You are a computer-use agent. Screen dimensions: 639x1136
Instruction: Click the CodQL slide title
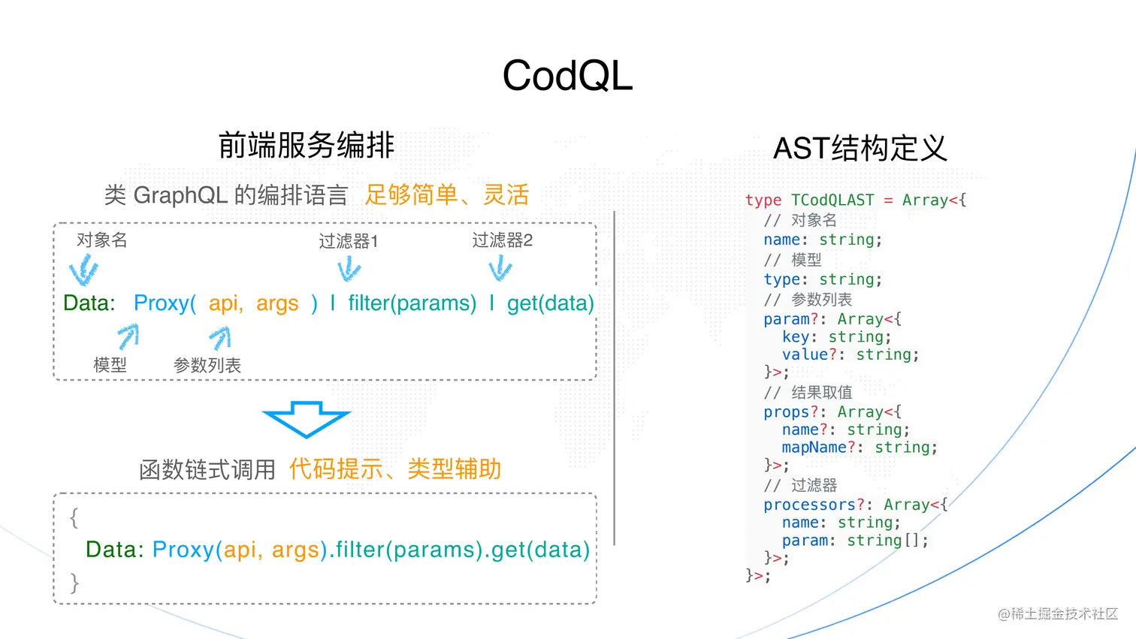(x=567, y=76)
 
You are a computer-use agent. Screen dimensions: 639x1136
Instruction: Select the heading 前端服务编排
(x=306, y=145)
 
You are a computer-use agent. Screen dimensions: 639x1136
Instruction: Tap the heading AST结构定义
(x=860, y=148)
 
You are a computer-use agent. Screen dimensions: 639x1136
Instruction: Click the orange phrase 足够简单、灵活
(x=446, y=194)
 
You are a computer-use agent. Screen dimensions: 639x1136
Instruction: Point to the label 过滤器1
(x=348, y=241)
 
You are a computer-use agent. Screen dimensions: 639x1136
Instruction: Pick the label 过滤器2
(x=502, y=240)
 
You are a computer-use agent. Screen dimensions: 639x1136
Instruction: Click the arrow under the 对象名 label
(x=84, y=270)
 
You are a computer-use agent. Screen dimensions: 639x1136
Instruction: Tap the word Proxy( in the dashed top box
(x=165, y=303)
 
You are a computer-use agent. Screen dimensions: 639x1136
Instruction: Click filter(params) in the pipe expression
(x=412, y=303)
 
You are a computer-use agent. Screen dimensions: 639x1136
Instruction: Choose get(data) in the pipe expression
(x=550, y=303)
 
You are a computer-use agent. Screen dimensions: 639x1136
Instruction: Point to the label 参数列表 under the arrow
(x=207, y=366)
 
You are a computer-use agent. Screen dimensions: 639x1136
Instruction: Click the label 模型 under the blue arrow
(x=110, y=365)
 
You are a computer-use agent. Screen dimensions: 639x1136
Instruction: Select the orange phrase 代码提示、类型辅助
(x=394, y=469)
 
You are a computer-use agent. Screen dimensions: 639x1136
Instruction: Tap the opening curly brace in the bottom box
(x=74, y=517)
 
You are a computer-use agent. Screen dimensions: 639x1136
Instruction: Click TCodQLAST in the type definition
(x=832, y=200)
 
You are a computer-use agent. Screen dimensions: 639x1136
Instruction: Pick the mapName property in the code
(x=814, y=448)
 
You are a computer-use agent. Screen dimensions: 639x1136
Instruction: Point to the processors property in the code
(x=809, y=505)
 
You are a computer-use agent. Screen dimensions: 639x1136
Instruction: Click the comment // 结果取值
(x=808, y=393)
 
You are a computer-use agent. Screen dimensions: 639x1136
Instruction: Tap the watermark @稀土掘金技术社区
(x=1058, y=613)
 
